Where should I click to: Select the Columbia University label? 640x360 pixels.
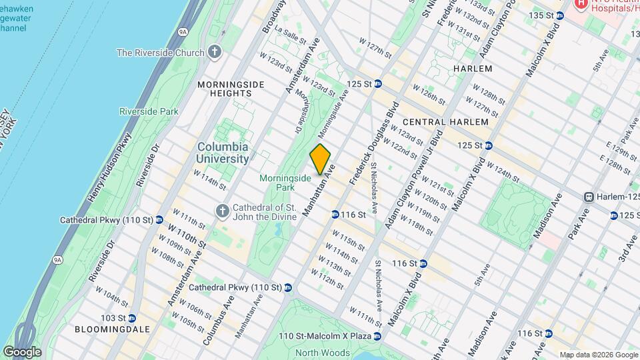coord(223,153)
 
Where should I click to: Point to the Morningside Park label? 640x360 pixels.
coord(285,183)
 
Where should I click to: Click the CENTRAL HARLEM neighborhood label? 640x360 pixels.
coord(445,122)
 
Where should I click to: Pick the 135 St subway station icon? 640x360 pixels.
coord(559,15)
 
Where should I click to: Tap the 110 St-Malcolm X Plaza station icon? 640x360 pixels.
coord(377,336)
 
